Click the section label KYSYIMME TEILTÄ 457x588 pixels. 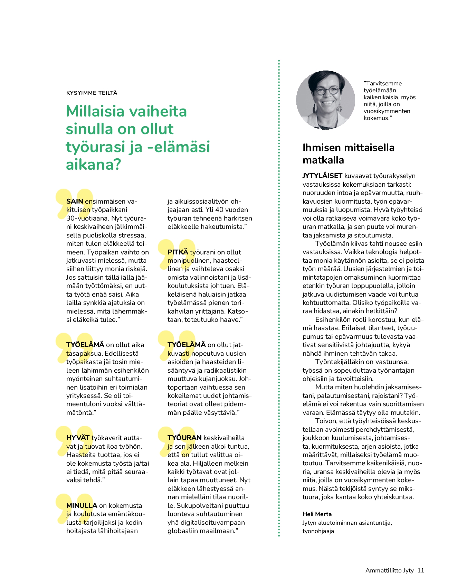tap(92, 93)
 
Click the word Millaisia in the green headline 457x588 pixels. tap(95, 111)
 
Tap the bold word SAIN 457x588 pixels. tap(75, 201)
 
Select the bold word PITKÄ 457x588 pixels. tap(178, 252)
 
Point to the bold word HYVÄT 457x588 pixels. tap(78, 438)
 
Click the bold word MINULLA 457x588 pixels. tap(82, 505)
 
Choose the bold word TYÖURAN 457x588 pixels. tap(184, 438)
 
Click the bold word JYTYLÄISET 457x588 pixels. tap(322, 176)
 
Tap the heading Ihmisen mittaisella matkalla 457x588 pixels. tap(348, 153)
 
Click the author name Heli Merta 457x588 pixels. tap(317, 514)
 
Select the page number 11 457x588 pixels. tap(420, 570)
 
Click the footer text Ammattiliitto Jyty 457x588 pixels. tap(389, 570)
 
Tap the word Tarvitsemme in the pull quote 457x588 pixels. tap(383, 83)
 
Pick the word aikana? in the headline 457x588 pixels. tap(93, 164)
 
